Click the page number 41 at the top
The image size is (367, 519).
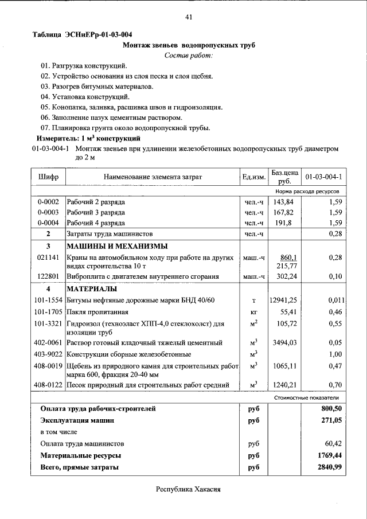point(188,17)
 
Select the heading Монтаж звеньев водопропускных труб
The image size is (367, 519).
point(189,45)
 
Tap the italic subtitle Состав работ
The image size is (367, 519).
point(188,55)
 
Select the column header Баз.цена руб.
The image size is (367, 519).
point(284,176)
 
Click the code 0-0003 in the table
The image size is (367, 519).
point(48,212)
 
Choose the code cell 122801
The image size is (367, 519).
point(48,276)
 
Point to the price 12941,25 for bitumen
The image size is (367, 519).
point(283,300)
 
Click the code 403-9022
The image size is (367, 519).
point(48,354)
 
